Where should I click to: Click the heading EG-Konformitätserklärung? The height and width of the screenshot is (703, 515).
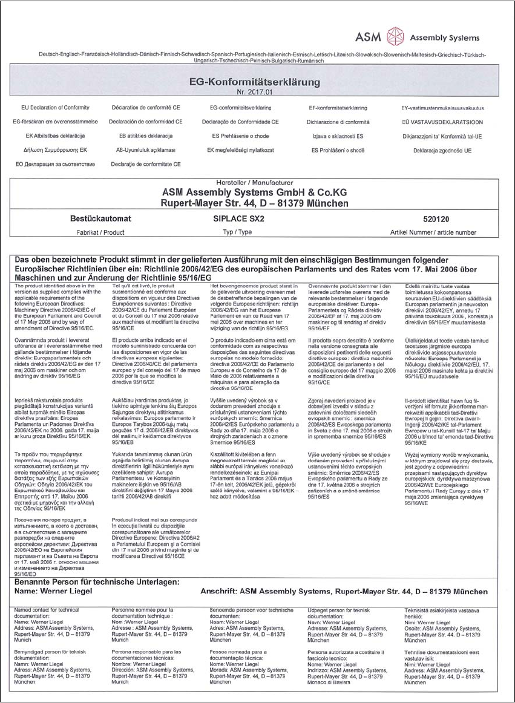(257, 81)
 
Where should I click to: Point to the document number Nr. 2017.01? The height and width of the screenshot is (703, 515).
(257, 92)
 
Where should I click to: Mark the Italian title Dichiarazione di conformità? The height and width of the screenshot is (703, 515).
(339, 122)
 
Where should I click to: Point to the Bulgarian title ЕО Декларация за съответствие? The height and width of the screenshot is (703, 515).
(55, 164)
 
